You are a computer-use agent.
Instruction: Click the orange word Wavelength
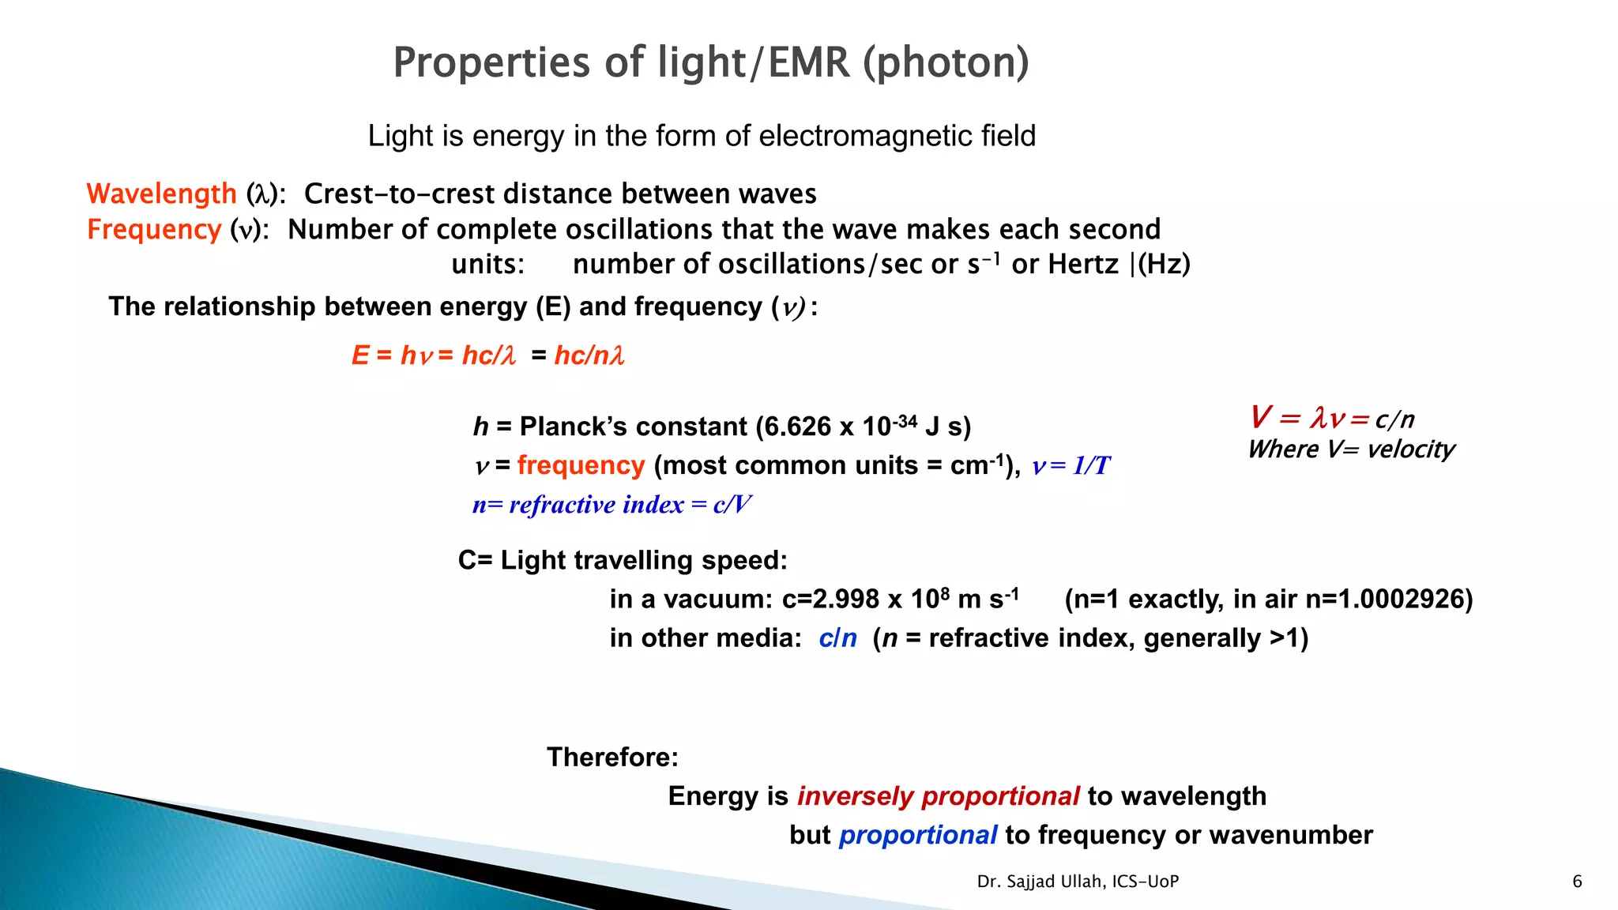161,194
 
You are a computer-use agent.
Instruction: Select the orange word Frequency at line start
154,229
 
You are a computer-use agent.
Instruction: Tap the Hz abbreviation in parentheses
1164,264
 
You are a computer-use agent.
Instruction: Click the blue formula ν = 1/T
1071,465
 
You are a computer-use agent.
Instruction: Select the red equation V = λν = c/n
1331,418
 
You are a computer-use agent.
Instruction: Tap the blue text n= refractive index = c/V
611,504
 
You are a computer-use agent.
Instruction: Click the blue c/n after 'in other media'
837,637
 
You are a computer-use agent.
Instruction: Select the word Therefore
612,757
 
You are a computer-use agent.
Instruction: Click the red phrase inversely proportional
938,795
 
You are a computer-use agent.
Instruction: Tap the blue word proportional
917,835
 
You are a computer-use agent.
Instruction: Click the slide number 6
1577,882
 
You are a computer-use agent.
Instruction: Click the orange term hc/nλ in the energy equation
589,355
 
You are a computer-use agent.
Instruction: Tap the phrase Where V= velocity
1351,449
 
